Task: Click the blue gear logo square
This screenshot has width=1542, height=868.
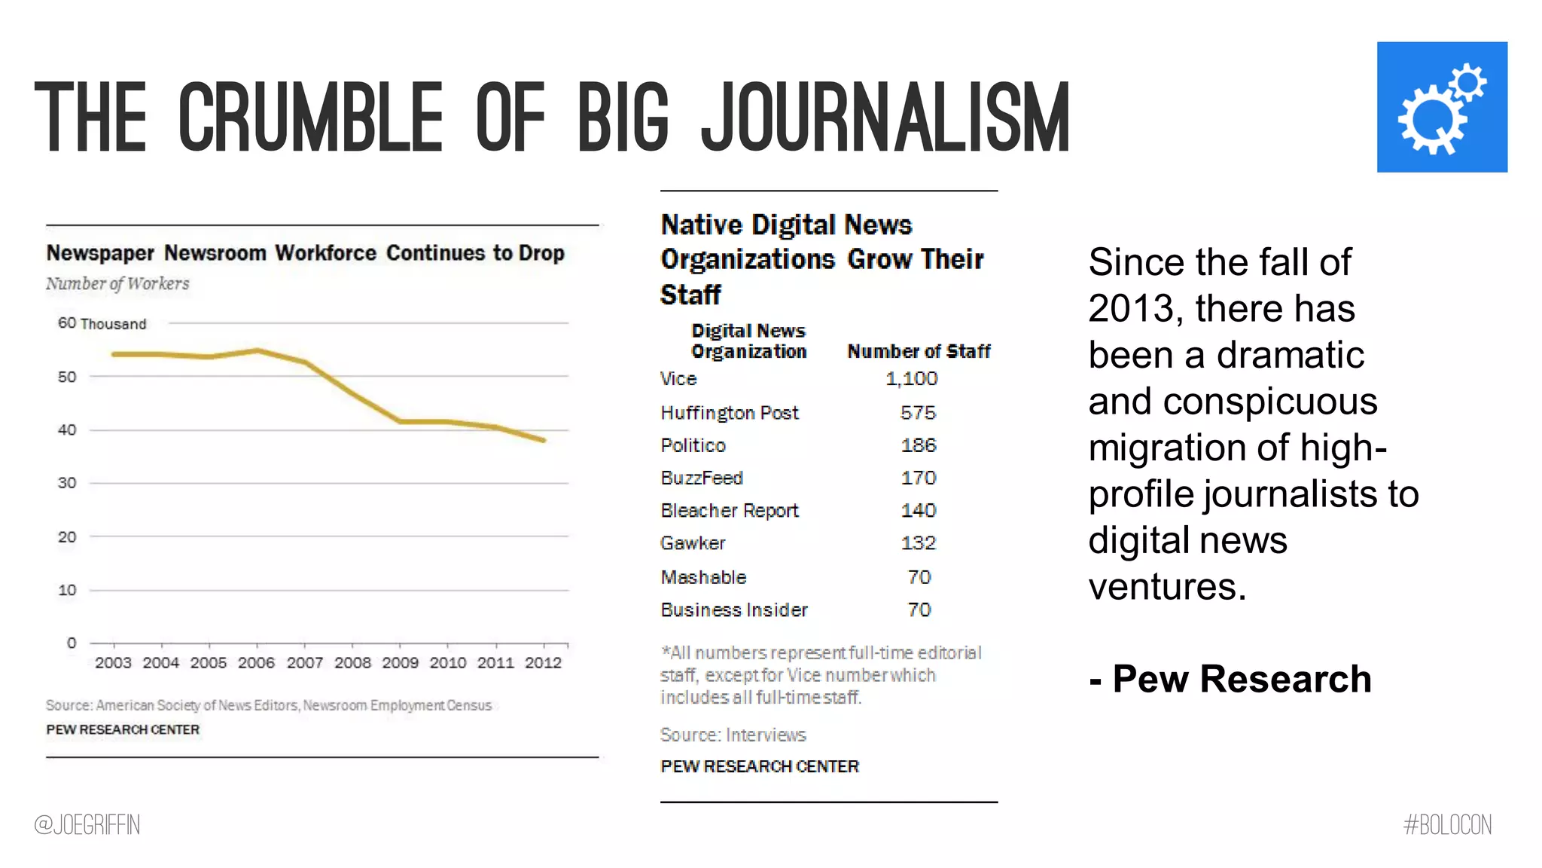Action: click(1441, 107)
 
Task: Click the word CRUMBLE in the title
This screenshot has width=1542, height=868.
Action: click(310, 118)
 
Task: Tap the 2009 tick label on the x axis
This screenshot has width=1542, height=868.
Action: click(400, 663)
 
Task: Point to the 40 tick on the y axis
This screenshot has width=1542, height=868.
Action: click(67, 430)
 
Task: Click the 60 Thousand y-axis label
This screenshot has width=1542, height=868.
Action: click(102, 324)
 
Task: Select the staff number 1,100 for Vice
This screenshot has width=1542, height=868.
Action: click(911, 379)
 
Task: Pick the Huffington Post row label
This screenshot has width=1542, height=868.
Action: click(729, 413)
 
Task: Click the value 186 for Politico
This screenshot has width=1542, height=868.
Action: click(918, 445)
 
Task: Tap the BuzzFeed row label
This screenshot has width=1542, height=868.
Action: click(701, 478)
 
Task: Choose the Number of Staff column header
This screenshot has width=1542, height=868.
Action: click(918, 352)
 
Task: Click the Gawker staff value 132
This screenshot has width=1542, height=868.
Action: click(918, 543)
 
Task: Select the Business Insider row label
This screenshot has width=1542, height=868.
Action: click(733, 610)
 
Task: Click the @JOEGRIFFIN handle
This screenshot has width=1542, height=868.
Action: click(87, 825)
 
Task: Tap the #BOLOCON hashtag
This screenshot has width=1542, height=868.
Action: click(1447, 825)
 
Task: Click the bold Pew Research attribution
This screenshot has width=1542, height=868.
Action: click(1230, 679)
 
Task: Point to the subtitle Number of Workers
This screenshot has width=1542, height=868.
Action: click(117, 284)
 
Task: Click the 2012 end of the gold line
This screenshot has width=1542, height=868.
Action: click(543, 440)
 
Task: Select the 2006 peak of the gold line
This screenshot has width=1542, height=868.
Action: click(258, 350)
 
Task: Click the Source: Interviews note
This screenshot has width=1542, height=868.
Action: click(733, 735)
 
